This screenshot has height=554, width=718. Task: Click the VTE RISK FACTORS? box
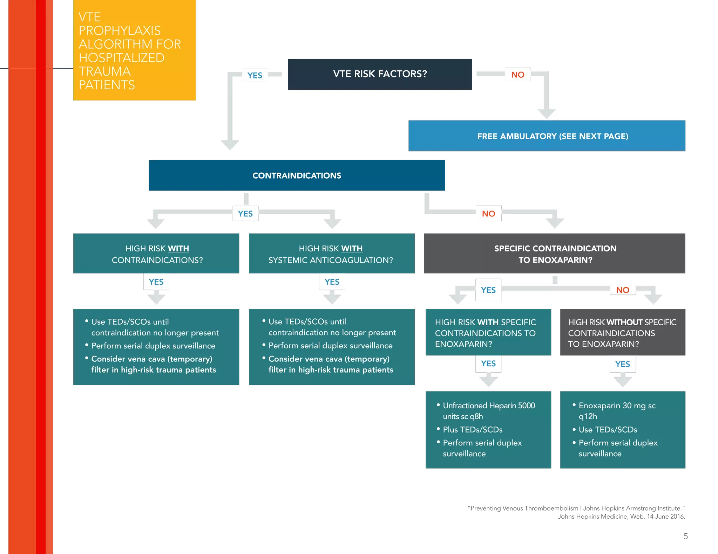point(379,74)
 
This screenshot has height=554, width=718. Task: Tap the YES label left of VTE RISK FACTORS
point(255,75)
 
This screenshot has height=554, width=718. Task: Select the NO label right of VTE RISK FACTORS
point(517,75)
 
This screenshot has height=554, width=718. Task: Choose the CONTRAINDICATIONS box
point(297,175)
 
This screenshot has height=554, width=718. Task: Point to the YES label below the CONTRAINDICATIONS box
point(245,214)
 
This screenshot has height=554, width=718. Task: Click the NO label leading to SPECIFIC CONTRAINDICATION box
point(488,214)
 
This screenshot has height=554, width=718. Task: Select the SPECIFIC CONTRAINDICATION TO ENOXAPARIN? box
point(555,254)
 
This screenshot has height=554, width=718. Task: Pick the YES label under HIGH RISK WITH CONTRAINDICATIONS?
point(156,282)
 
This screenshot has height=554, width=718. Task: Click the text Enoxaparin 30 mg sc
point(617,406)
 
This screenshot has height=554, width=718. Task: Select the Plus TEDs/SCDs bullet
point(473,430)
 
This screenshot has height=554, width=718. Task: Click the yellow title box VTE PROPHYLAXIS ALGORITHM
point(134,51)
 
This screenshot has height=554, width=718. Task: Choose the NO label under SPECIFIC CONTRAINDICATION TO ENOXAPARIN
point(623,290)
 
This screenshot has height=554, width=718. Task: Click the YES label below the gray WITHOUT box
point(623,364)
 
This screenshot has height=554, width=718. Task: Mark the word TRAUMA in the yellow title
point(105,71)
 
